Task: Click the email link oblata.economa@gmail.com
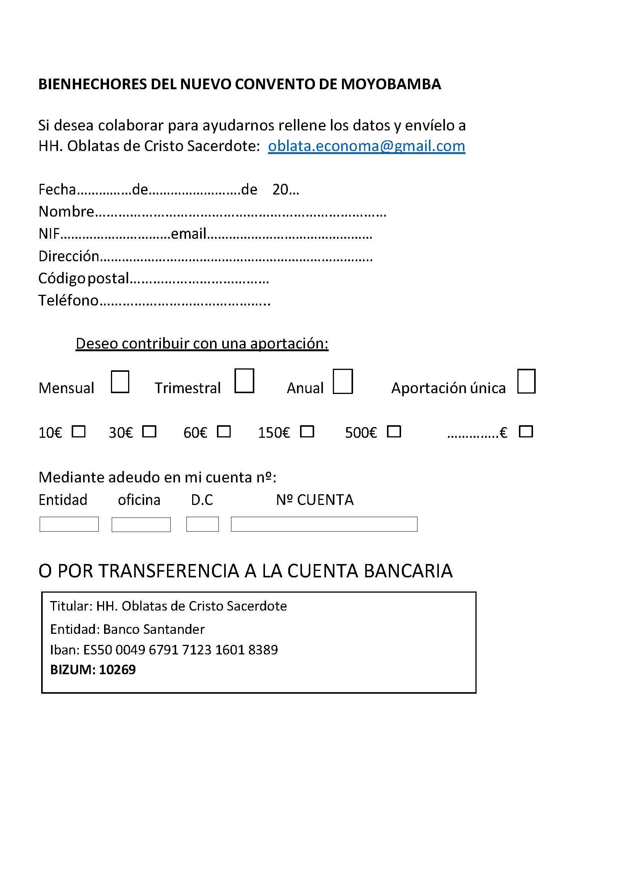366,146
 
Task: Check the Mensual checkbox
120,382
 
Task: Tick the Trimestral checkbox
244,381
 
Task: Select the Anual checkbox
343,381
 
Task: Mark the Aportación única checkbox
526,381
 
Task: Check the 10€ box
79,432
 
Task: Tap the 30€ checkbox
149,432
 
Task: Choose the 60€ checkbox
224,432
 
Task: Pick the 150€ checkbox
307,432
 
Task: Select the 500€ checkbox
393,432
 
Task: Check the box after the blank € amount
526,432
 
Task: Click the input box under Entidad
69,524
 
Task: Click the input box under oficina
141,524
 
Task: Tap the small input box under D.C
202,524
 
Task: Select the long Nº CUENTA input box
324,524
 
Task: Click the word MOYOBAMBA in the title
391,84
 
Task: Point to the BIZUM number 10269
117,670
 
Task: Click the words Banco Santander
154,629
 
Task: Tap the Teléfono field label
68,301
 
